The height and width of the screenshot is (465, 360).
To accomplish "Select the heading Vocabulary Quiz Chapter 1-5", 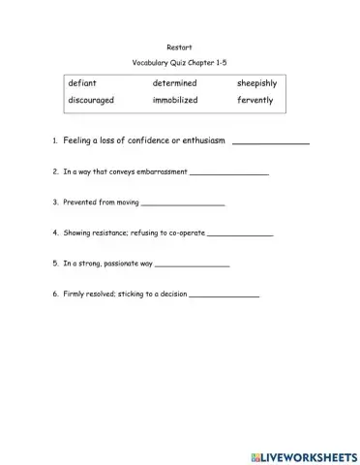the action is coord(179,61).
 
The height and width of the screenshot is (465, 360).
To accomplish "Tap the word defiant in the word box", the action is coord(82,83).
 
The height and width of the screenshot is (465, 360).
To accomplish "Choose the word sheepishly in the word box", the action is coord(258,83).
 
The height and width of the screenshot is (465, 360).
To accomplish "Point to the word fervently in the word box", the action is coord(255,100).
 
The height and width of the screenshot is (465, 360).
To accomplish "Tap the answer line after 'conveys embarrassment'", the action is coord(229,173).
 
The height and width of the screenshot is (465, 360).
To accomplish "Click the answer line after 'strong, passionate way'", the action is coord(192,263).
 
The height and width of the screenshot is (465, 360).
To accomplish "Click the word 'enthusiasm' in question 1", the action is coord(201,140).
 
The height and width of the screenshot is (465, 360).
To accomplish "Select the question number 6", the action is coord(54,293).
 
